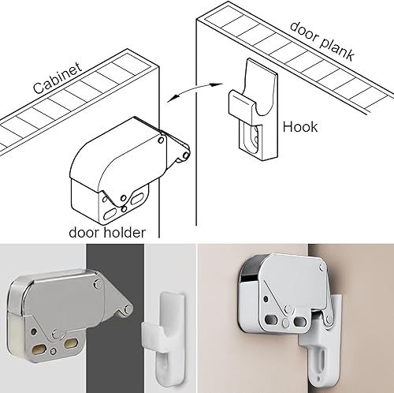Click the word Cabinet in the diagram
[x=58, y=78]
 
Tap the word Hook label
[x=300, y=127]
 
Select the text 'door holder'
[x=107, y=233]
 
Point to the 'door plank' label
[x=322, y=41]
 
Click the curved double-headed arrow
[x=195, y=89]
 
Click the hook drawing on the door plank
[x=252, y=110]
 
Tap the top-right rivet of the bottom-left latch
[x=98, y=284]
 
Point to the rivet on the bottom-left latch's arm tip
[x=128, y=309]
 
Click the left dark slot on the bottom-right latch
[x=271, y=320]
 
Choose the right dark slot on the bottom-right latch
[x=299, y=321]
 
